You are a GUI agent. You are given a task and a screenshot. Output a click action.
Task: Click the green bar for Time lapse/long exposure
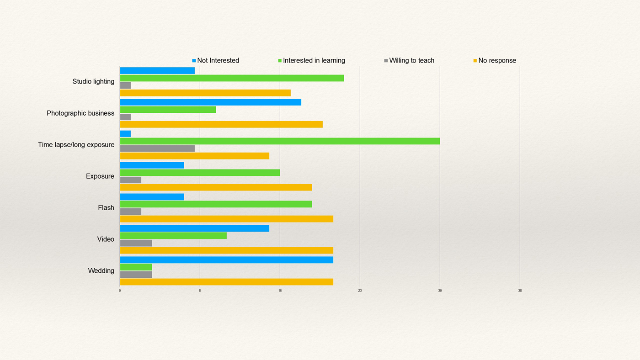(x=279, y=141)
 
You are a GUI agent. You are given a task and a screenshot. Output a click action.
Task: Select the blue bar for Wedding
(x=226, y=259)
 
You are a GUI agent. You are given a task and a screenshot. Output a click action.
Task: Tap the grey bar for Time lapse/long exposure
(x=157, y=148)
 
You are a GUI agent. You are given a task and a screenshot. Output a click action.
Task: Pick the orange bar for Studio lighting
(x=205, y=93)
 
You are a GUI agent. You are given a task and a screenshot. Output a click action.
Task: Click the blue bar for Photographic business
(x=210, y=102)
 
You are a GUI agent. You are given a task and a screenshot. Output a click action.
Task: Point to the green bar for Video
(x=173, y=236)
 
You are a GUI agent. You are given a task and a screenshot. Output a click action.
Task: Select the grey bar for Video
(x=136, y=243)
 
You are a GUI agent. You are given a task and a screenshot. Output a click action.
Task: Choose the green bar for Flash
(x=216, y=204)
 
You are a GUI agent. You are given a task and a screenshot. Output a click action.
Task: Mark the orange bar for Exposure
(x=216, y=187)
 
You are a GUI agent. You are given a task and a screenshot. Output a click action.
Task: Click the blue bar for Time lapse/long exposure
(x=125, y=134)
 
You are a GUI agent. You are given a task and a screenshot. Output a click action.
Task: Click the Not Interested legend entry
(x=215, y=60)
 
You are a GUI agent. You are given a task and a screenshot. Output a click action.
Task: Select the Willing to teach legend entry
(x=409, y=60)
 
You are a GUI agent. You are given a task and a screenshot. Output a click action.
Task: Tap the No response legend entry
(x=495, y=60)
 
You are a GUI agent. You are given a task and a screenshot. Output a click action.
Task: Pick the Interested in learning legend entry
(x=311, y=60)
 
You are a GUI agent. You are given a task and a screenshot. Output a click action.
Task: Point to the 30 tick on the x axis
(x=440, y=291)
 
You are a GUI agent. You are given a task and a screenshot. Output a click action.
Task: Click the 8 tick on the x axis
(x=200, y=291)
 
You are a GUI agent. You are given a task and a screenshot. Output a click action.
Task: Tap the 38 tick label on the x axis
(x=520, y=291)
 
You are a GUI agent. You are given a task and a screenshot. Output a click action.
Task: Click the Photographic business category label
(x=80, y=113)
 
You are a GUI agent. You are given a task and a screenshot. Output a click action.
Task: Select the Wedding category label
(x=101, y=271)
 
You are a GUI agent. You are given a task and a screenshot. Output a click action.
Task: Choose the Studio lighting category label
(x=93, y=82)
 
